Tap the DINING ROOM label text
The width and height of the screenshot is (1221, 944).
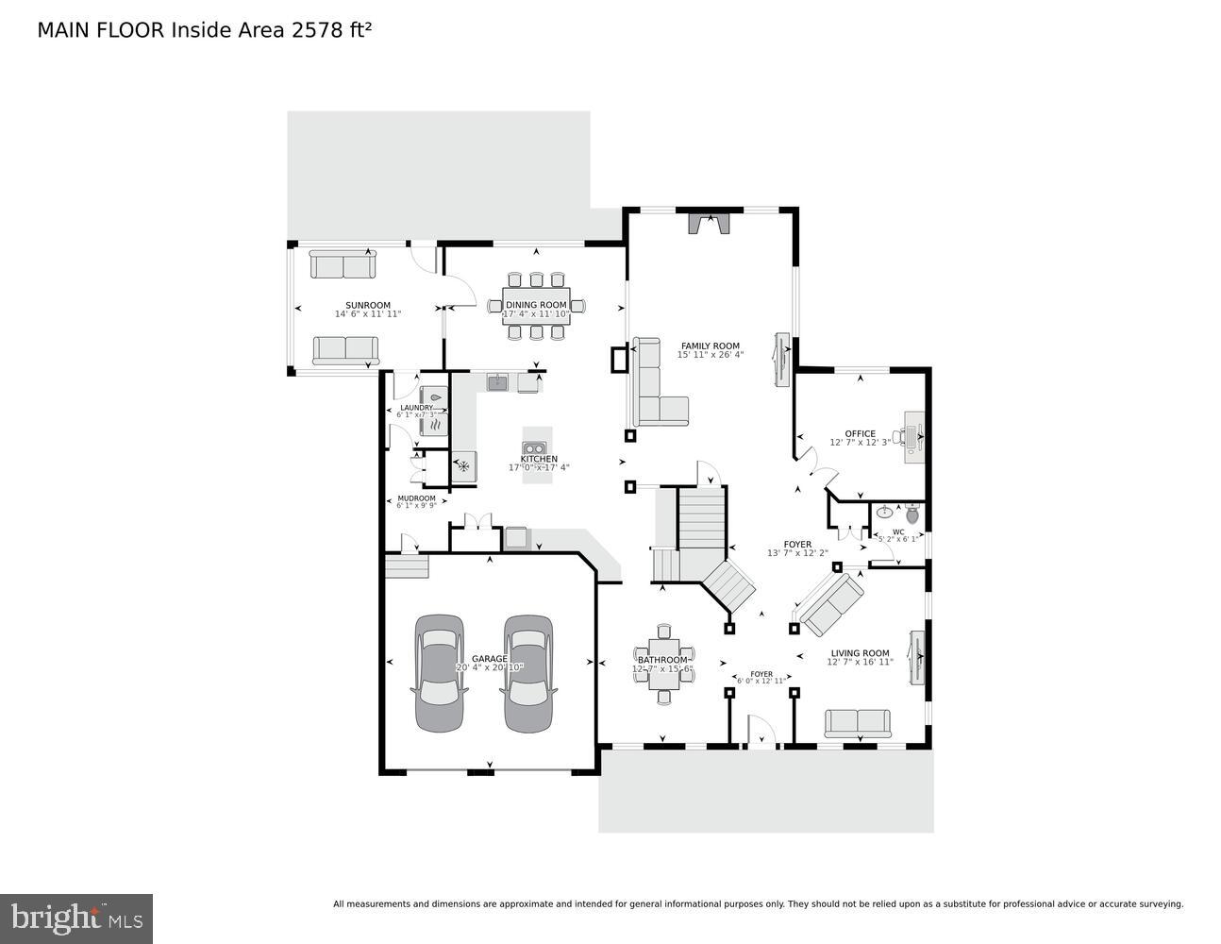[535, 305]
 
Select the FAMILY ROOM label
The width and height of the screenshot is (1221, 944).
[710, 346]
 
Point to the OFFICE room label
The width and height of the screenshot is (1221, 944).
[860, 434]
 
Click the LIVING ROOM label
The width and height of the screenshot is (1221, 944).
[859, 653]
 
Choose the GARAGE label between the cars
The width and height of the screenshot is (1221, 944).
[490, 659]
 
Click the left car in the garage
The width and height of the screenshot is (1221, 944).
[439, 672]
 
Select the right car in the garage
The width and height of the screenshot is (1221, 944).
[528, 672]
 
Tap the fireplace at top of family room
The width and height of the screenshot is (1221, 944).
[708, 224]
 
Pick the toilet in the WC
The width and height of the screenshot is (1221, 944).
[912, 514]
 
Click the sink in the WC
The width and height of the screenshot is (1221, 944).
[883, 514]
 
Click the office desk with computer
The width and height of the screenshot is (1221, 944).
[914, 437]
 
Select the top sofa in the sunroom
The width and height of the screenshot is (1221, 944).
[343, 265]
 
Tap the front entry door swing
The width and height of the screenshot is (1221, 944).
[761, 732]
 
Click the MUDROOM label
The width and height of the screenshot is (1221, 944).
[416, 498]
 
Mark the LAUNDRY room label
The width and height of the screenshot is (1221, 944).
[416, 408]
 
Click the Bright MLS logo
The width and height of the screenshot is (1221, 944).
[75, 918]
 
